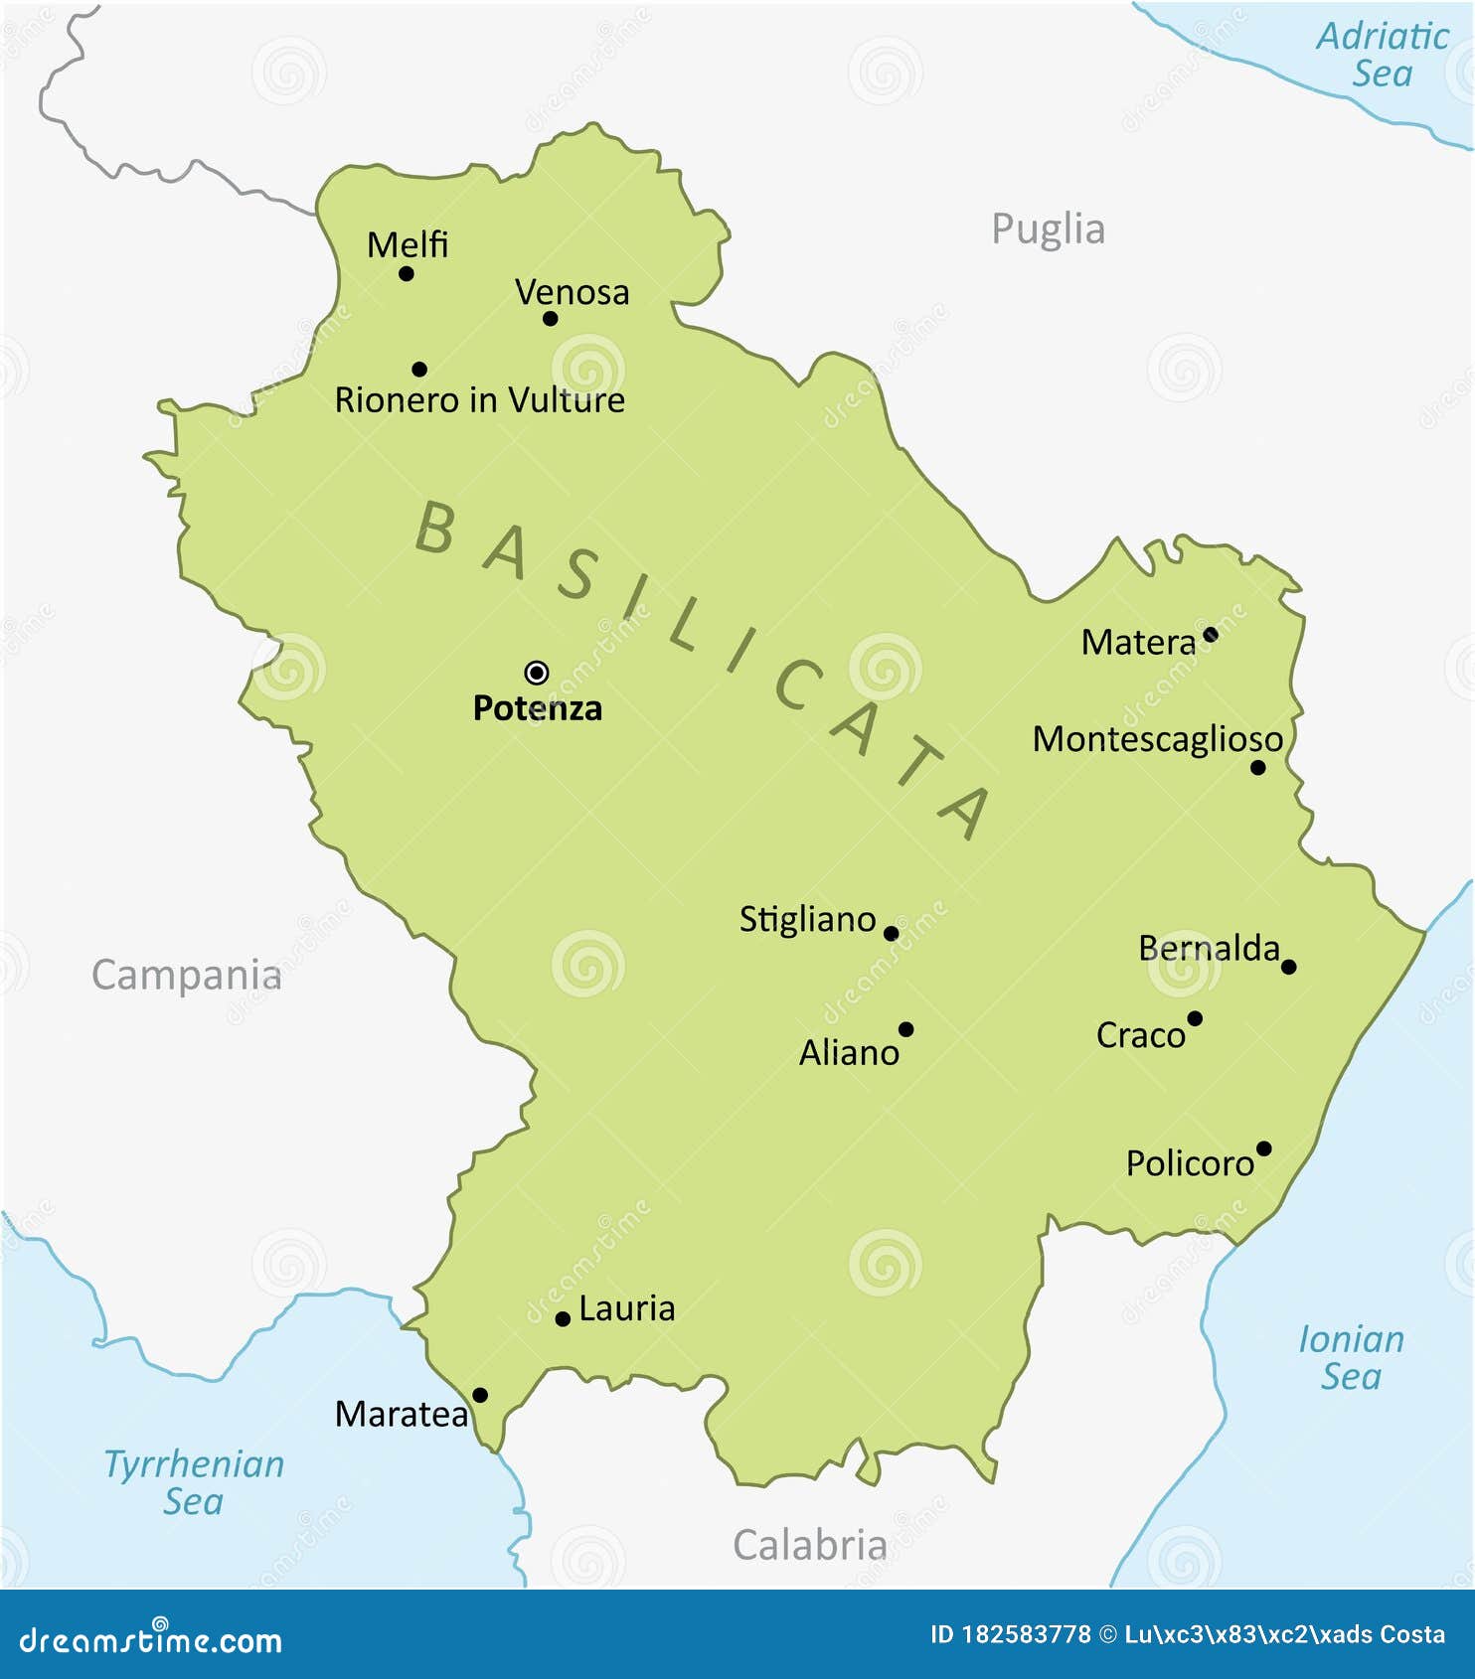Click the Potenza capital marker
point(537,673)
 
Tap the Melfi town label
point(408,244)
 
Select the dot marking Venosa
point(550,319)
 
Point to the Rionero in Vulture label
point(479,400)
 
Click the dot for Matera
point(1210,634)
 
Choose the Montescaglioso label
point(1157,739)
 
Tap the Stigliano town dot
point(891,934)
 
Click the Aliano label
point(849,1053)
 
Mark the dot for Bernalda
point(1288,967)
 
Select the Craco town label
point(1140,1035)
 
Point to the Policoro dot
point(1263,1148)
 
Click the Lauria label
point(626,1308)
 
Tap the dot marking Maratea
point(479,1395)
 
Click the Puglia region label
point(1048,229)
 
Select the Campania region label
point(187,976)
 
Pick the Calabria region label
point(809,1545)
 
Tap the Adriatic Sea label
point(1383,55)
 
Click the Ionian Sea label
point(1351,1358)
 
